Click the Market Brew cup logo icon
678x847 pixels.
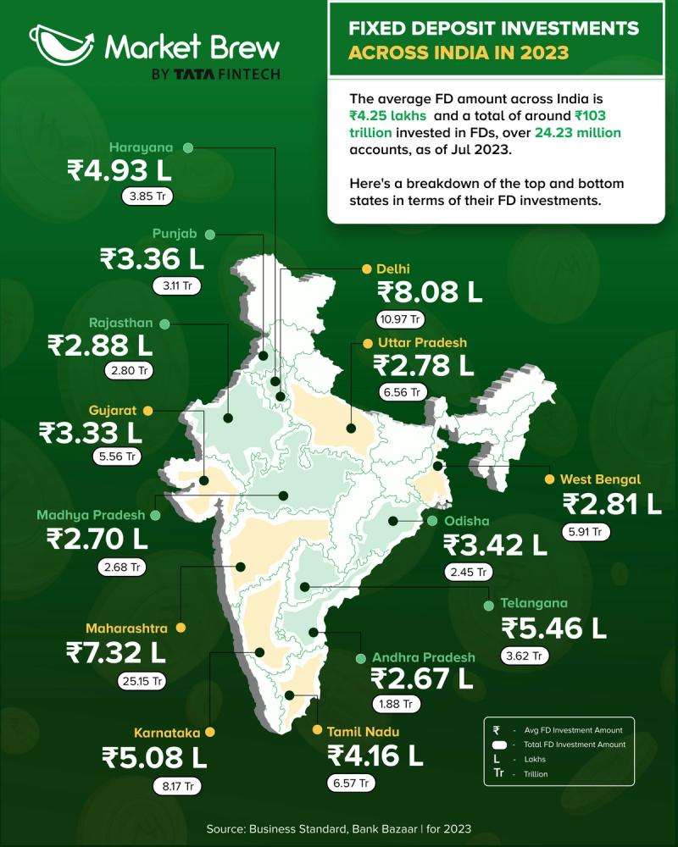[x=60, y=44]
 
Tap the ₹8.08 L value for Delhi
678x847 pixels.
[x=430, y=292]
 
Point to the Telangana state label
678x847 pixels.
[x=534, y=604]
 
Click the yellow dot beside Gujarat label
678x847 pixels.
[x=147, y=410]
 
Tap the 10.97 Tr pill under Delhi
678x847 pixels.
[x=400, y=319]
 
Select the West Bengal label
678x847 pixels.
[x=600, y=479]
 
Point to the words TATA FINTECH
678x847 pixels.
[x=227, y=75]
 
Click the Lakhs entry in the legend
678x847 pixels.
[x=536, y=759]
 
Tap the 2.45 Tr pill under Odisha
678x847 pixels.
[x=468, y=572]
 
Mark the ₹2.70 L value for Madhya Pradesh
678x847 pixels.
[x=97, y=538]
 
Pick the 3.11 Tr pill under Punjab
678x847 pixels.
[x=175, y=285]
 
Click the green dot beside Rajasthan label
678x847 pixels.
[x=164, y=324]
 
